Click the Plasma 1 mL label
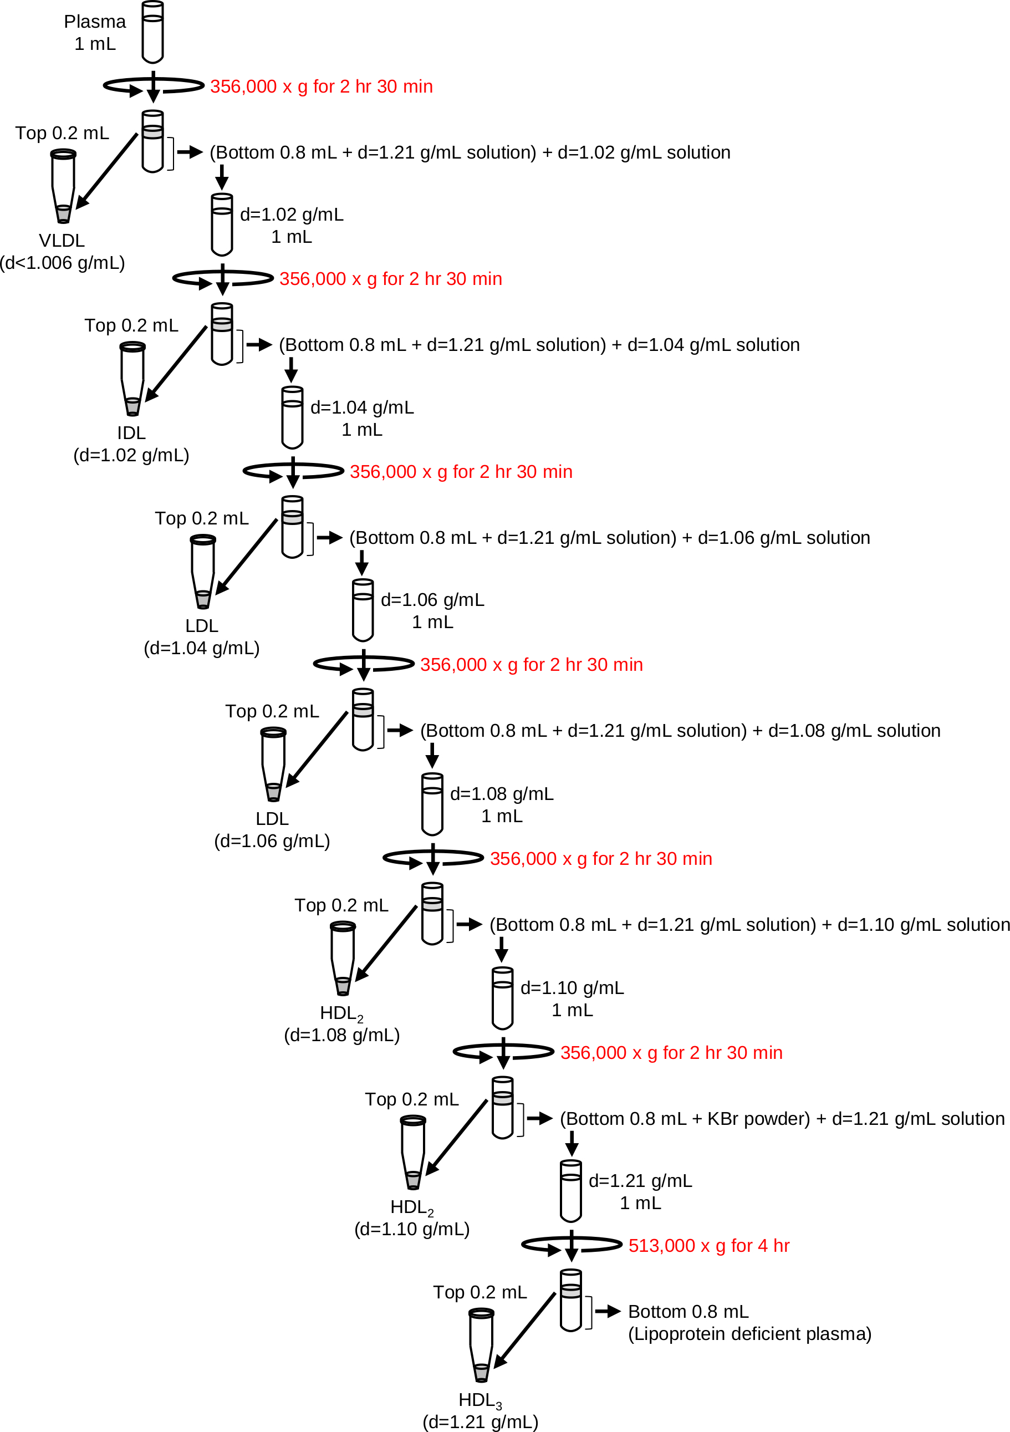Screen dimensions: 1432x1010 (x=95, y=32)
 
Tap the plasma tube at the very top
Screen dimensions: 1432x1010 (x=153, y=32)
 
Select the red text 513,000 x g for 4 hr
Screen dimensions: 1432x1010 (x=709, y=1246)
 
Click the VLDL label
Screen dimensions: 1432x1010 (x=62, y=240)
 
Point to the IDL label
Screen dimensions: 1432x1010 (x=131, y=433)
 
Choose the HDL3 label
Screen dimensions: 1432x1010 (x=480, y=1400)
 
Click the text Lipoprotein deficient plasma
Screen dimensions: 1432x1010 (x=749, y=1333)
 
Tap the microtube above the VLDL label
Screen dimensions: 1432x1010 (x=63, y=186)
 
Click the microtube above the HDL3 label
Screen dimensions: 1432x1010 (x=481, y=1345)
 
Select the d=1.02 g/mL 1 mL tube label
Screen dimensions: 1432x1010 (x=292, y=225)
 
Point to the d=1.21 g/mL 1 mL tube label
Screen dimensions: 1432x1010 (x=640, y=1191)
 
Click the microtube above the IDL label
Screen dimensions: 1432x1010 (x=132, y=379)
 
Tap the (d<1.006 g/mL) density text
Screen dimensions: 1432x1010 (x=62, y=263)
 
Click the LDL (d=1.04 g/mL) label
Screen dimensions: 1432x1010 (x=202, y=636)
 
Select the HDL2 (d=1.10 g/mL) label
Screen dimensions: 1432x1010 (x=412, y=1218)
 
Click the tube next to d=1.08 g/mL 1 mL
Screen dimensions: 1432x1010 (x=432, y=804)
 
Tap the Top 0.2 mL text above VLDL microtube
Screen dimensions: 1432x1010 (x=62, y=133)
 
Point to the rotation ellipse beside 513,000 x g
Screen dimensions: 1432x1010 (x=572, y=1246)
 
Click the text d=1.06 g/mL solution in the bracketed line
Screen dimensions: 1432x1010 (x=784, y=538)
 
